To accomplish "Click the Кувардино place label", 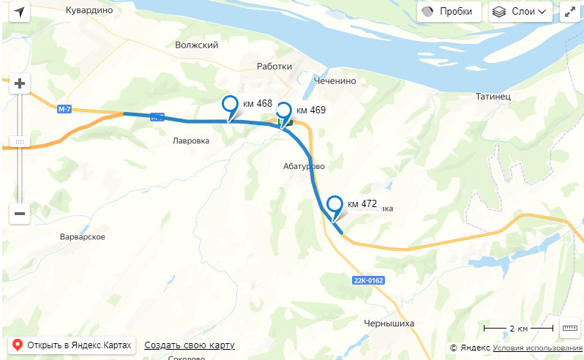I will [x=89, y=10].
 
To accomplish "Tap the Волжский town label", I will [x=197, y=45].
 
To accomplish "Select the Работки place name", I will [x=274, y=67].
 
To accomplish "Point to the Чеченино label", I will [x=334, y=80].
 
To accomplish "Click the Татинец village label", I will [x=493, y=97].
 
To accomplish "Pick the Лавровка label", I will [x=191, y=140].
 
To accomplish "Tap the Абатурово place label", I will [x=303, y=166].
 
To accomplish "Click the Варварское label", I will [x=83, y=237].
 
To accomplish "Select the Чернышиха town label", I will [x=389, y=323].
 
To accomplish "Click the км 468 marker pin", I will [x=231, y=105].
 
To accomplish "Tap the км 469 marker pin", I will [x=283, y=112].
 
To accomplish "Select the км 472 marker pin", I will [x=335, y=206].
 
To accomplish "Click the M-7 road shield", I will [x=64, y=110].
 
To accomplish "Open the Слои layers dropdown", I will [x=520, y=12].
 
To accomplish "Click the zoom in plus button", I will [x=20, y=84].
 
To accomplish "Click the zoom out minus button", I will [x=20, y=214].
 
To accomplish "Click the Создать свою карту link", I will [x=190, y=345].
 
